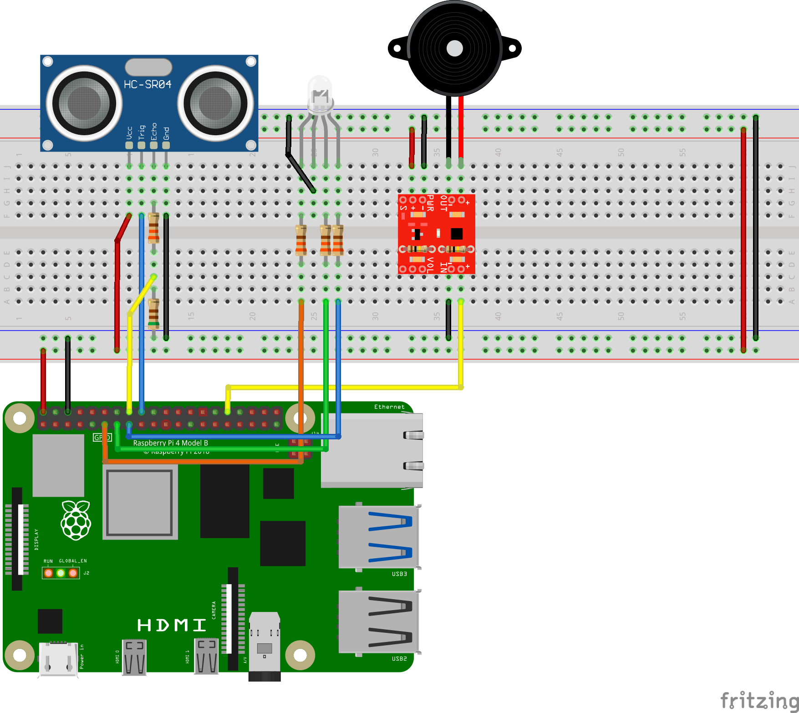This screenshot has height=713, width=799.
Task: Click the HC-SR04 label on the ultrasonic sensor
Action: click(148, 85)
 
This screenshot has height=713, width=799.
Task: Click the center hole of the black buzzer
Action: click(454, 48)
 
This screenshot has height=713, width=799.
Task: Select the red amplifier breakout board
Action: click(436, 234)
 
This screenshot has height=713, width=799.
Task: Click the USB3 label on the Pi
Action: click(399, 574)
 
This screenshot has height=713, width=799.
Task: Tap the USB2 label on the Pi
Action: click(399, 658)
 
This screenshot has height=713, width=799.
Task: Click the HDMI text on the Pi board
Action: click(172, 625)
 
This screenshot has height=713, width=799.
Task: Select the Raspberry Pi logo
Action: click(76, 520)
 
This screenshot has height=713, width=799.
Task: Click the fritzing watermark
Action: click(759, 700)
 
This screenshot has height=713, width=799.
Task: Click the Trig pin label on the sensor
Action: click(142, 132)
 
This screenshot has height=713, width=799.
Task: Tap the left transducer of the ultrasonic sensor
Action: click(84, 103)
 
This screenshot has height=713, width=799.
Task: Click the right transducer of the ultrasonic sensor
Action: click(215, 103)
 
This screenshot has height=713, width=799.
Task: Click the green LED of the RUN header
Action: click(61, 573)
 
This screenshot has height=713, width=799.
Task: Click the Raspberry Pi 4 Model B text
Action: click(171, 443)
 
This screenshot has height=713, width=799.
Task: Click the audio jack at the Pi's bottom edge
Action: click(265, 647)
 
